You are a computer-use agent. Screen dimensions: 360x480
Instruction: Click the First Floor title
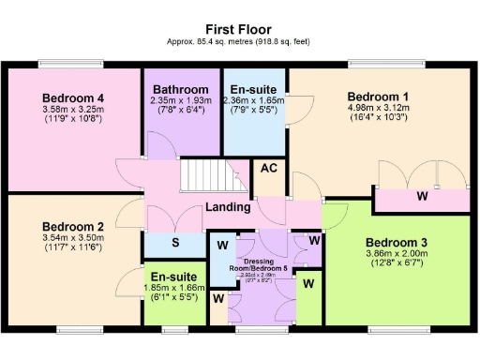coord(240,30)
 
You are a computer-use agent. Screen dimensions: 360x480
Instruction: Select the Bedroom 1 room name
coord(378,97)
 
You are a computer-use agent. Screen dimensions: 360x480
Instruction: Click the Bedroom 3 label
coord(396,241)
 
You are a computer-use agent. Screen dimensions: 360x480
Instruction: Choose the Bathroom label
coord(181,89)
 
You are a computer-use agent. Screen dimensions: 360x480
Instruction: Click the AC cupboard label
coord(268,169)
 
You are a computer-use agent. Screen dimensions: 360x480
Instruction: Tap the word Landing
coord(229,207)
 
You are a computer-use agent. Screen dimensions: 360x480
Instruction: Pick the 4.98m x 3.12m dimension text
coord(378,108)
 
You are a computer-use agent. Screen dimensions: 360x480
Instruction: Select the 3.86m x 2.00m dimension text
coord(396,253)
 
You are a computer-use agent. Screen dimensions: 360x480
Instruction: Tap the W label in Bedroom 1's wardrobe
coord(423,197)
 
